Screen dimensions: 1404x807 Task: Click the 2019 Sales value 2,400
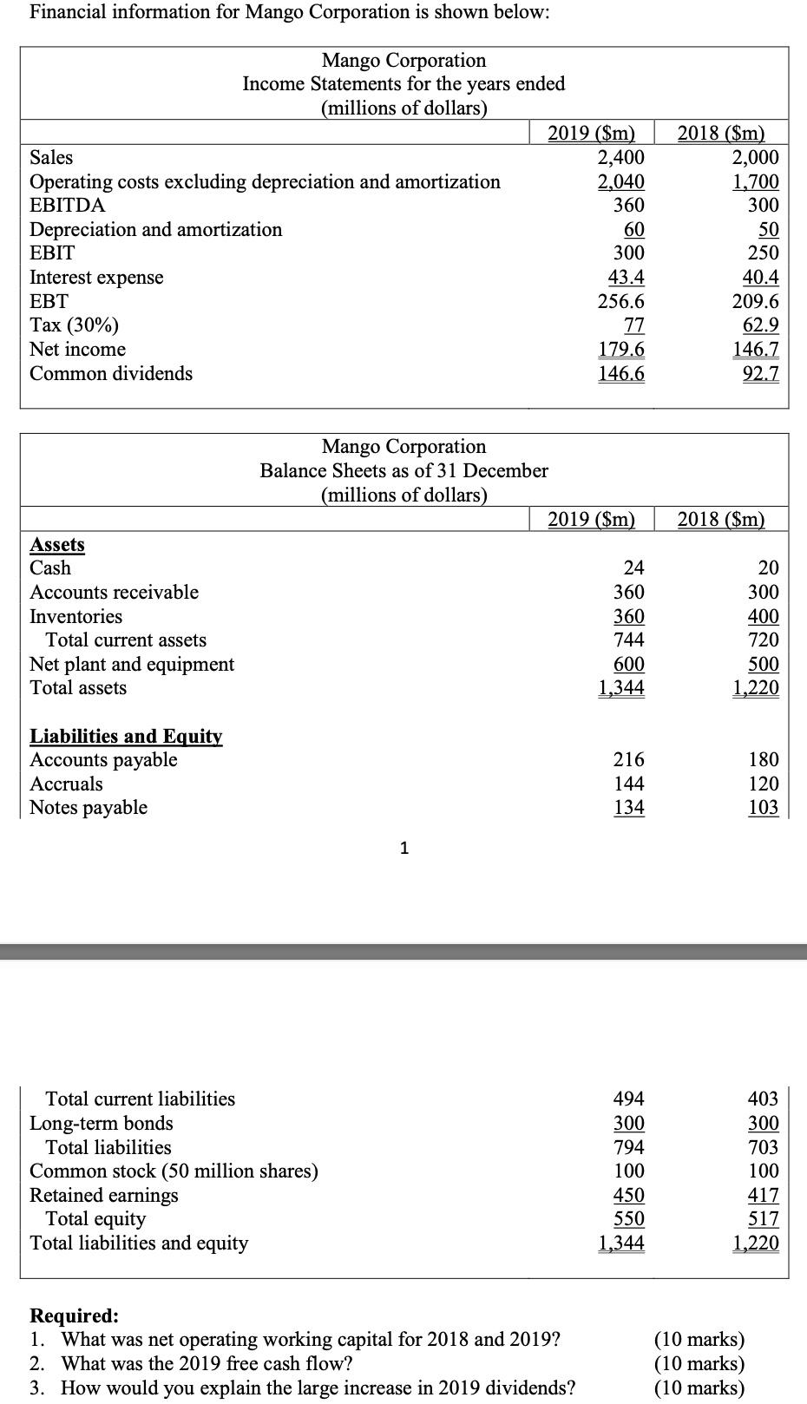pos(620,157)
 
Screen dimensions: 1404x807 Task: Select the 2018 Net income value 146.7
pos(755,350)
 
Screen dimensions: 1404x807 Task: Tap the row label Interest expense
pos(96,278)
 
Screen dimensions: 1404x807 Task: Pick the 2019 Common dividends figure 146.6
pos(621,374)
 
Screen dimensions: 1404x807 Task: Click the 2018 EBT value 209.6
pos(755,302)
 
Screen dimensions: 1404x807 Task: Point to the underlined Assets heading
pos(57,545)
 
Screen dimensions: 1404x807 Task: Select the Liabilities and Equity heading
pos(126,737)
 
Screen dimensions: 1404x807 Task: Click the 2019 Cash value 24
pos(634,568)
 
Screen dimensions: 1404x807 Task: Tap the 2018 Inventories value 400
pos(764,617)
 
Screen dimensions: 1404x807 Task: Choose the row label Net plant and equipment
pos(132,665)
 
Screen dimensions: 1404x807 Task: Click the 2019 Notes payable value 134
pos(629,808)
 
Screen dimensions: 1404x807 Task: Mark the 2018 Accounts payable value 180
pos(764,760)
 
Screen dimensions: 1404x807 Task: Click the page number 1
pos(404,849)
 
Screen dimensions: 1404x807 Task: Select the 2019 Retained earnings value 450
pos(629,1196)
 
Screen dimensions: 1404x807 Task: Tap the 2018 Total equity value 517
pos(764,1219)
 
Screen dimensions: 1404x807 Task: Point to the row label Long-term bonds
pos(102,1124)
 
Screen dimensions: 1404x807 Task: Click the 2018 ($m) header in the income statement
pos(720,134)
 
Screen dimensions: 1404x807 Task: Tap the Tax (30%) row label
pos(75,325)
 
